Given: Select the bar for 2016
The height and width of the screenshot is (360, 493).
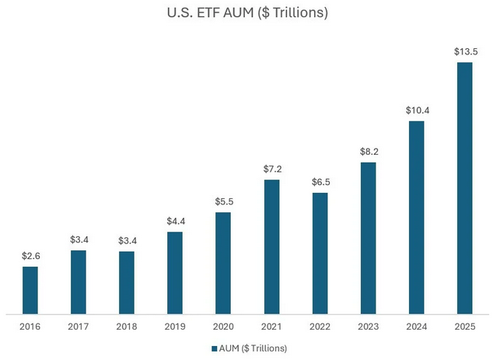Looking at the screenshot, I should coord(30,289).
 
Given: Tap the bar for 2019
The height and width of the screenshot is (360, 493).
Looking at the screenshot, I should coord(174,272).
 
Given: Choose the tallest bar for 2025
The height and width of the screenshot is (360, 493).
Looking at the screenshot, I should coord(464,187).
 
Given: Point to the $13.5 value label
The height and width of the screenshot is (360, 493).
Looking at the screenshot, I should coord(464,51).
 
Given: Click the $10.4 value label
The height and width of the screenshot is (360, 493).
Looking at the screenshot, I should coord(416,110).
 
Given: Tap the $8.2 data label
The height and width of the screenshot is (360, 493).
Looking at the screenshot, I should coord(368,152).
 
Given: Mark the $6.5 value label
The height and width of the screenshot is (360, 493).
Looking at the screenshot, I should coord(320,183).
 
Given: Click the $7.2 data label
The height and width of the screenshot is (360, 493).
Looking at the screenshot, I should coord(271,170).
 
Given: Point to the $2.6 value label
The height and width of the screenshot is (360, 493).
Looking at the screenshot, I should coord(30,256).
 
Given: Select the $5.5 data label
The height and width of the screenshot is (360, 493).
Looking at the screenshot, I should coord(222,201).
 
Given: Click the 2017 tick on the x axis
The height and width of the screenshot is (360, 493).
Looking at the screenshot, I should coord(78,326).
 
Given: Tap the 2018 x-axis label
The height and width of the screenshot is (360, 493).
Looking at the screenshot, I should coord(126,326).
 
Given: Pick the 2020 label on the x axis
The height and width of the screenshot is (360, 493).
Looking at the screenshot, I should coord(222,326).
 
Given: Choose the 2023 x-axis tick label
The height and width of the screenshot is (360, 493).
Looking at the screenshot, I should coord(368,326).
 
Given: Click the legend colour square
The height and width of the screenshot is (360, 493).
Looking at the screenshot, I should coord(214,348).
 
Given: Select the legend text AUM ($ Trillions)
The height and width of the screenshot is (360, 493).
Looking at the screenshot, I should coord(253,348).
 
